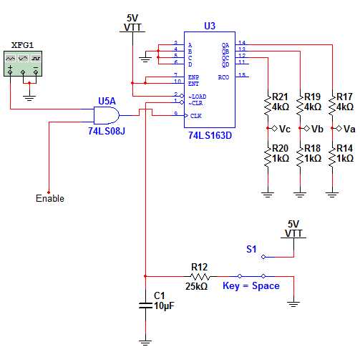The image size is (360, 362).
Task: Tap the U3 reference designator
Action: (209, 26)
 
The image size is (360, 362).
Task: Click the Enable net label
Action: (49, 198)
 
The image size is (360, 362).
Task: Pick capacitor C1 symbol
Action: (145, 305)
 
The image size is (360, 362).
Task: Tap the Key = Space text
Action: (250, 286)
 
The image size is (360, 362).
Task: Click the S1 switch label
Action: (251, 250)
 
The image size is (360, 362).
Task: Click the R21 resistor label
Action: (280, 97)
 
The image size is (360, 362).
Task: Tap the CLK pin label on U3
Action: (195, 115)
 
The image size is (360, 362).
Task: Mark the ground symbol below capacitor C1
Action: (145, 342)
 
